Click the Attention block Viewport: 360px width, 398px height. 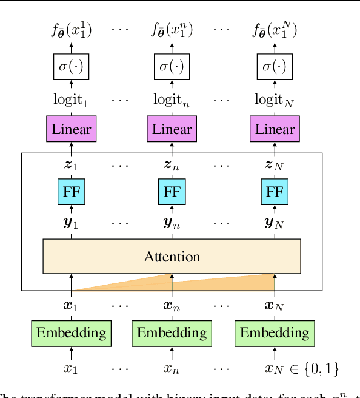point(172,256)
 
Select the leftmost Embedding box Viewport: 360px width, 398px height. point(72,332)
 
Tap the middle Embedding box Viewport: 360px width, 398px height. point(172,332)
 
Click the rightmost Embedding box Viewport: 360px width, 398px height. point(275,332)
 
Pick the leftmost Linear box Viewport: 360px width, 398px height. point(72,129)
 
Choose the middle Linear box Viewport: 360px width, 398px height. point(172,129)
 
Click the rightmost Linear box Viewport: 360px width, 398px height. point(275,129)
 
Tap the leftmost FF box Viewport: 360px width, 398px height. point(72,192)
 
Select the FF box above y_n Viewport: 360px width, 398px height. point(172,192)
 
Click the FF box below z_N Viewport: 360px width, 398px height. point(275,192)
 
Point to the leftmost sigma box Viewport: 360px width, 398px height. point(72,66)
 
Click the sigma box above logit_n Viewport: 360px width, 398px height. point(172,66)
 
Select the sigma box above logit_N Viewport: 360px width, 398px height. point(275,66)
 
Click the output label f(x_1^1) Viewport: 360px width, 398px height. point(72,30)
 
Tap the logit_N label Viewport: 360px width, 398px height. point(275,99)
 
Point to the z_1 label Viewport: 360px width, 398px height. point(72,165)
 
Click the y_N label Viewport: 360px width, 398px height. point(275,223)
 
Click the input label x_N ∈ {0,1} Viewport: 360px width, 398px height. point(301,368)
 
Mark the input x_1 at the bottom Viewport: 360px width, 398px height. point(72,368)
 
